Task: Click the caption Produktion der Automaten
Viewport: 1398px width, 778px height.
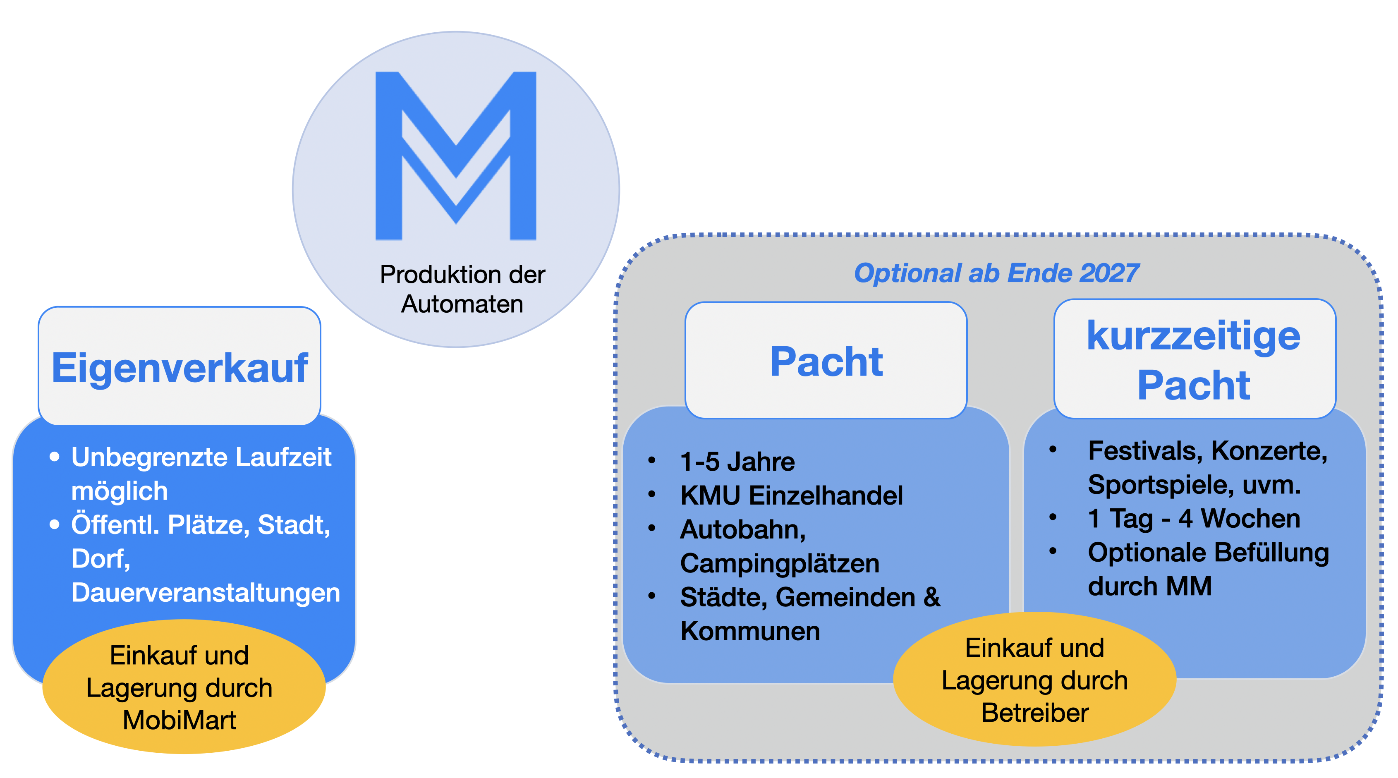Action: (x=462, y=289)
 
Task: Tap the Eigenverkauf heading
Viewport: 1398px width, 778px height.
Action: (x=180, y=368)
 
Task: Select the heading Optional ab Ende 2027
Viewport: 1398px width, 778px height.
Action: (x=996, y=273)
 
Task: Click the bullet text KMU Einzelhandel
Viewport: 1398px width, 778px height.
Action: (x=791, y=496)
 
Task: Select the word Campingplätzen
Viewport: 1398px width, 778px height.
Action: (x=779, y=564)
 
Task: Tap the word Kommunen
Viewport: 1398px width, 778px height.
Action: (x=750, y=632)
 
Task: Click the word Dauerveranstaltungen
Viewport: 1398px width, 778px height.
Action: (x=206, y=592)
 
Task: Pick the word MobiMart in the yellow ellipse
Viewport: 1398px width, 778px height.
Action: (x=180, y=721)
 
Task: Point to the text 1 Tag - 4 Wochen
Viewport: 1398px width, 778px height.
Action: (x=1194, y=519)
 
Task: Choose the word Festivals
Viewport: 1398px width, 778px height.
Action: (x=1145, y=451)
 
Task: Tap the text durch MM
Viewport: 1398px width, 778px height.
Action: (x=1149, y=586)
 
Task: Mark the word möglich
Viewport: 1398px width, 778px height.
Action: (x=120, y=491)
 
